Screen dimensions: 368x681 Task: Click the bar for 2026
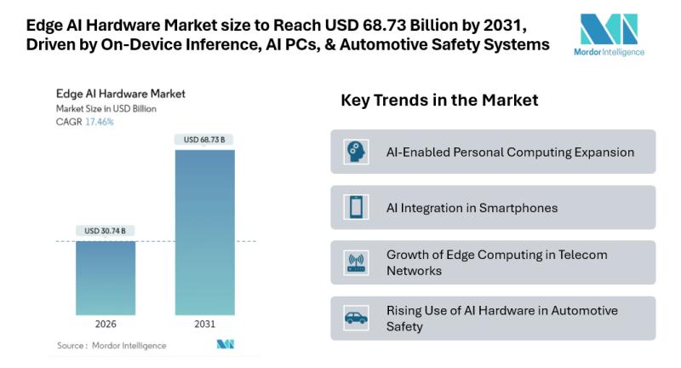[x=106, y=279]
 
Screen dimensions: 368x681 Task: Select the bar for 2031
[x=204, y=233]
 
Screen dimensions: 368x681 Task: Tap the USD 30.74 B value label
[x=106, y=231]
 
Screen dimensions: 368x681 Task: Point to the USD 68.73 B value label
[x=204, y=139]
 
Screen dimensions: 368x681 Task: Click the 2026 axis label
[x=106, y=325]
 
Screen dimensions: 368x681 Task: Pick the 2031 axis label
[x=204, y=325]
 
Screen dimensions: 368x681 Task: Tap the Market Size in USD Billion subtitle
[x=106, y=109]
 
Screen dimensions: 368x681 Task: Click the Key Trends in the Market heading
[x=439, y=101]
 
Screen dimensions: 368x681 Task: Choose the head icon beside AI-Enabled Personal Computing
[x=354, y=152]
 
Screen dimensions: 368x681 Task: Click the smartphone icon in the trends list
[x=354, y=207]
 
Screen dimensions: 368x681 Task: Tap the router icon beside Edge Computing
[x=354, y=263]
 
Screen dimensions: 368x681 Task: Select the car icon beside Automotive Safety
[x=354, y=318]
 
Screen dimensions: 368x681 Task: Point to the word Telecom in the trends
[x=585, y=255]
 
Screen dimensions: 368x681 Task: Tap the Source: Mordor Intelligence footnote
[x=112, y=345]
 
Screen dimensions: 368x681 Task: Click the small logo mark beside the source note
[x=225, y=345]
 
